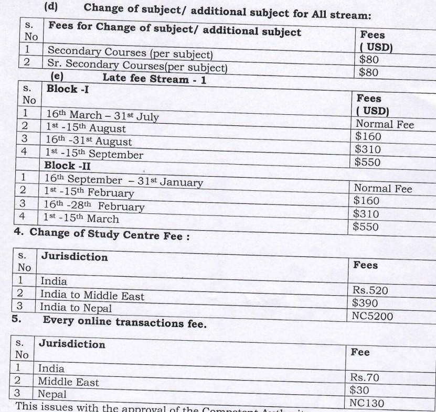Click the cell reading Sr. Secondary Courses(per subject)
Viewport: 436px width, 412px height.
[x=137, y=67]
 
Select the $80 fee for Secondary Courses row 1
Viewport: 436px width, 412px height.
[x=369, y=60]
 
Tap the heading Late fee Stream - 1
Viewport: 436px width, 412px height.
[x=154, y=79]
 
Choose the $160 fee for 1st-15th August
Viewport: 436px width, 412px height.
[x=368, y=137]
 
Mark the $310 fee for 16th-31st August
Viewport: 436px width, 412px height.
[x=368, y=149]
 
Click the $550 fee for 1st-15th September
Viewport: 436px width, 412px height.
[x=367, y=162]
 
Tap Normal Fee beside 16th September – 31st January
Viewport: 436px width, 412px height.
[x=383, y=188]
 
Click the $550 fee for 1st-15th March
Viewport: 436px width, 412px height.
[x=366, y=227]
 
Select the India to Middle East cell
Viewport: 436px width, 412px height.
[x=92, y=296]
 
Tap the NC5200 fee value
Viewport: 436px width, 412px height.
[x=373, y=316]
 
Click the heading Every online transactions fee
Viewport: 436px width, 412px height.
[x=124, y=321]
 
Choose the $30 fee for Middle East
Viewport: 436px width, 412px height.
[x=359, y=390]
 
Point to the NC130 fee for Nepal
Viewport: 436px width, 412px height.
[x=367, y=403]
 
